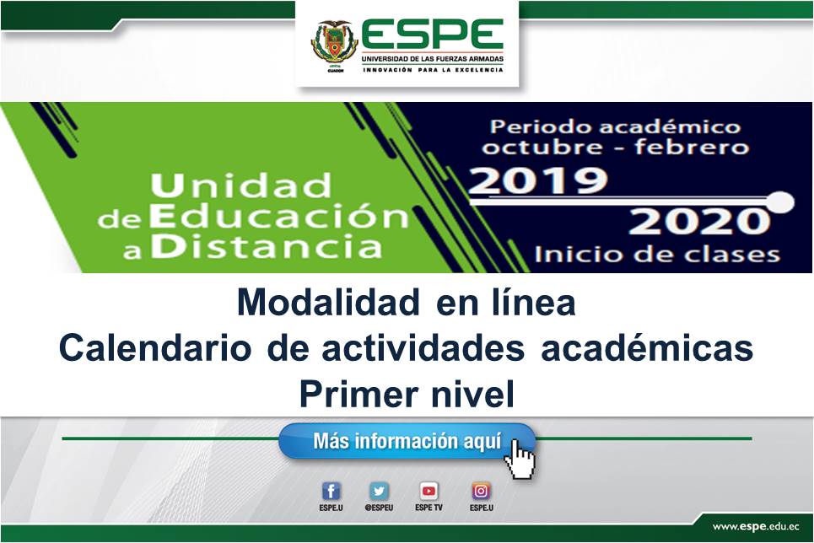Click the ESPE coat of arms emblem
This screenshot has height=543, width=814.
point(334,43)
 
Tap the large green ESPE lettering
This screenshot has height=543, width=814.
point(433,35)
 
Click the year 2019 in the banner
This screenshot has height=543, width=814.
point(538,180)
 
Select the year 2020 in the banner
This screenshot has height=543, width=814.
point(699,221)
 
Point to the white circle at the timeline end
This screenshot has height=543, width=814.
point(779,202)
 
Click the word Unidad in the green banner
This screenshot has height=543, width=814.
point(241,185)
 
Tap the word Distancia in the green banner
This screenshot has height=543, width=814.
point(267,246)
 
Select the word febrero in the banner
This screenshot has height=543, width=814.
point(692,147)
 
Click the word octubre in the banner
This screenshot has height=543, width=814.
point(542,147)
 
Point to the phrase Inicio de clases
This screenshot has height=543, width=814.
point(657,255)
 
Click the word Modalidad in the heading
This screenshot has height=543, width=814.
point(328,302)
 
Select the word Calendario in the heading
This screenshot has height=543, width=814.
point(155,348)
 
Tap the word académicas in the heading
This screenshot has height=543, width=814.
point(647,347)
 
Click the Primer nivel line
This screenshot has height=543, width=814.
point(407,395)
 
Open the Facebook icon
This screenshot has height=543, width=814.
point(332,491)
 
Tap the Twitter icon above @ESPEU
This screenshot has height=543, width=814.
point(379,491)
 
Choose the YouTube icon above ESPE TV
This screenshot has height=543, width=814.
point(429,491)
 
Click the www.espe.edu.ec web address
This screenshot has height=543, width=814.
point(756,526)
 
